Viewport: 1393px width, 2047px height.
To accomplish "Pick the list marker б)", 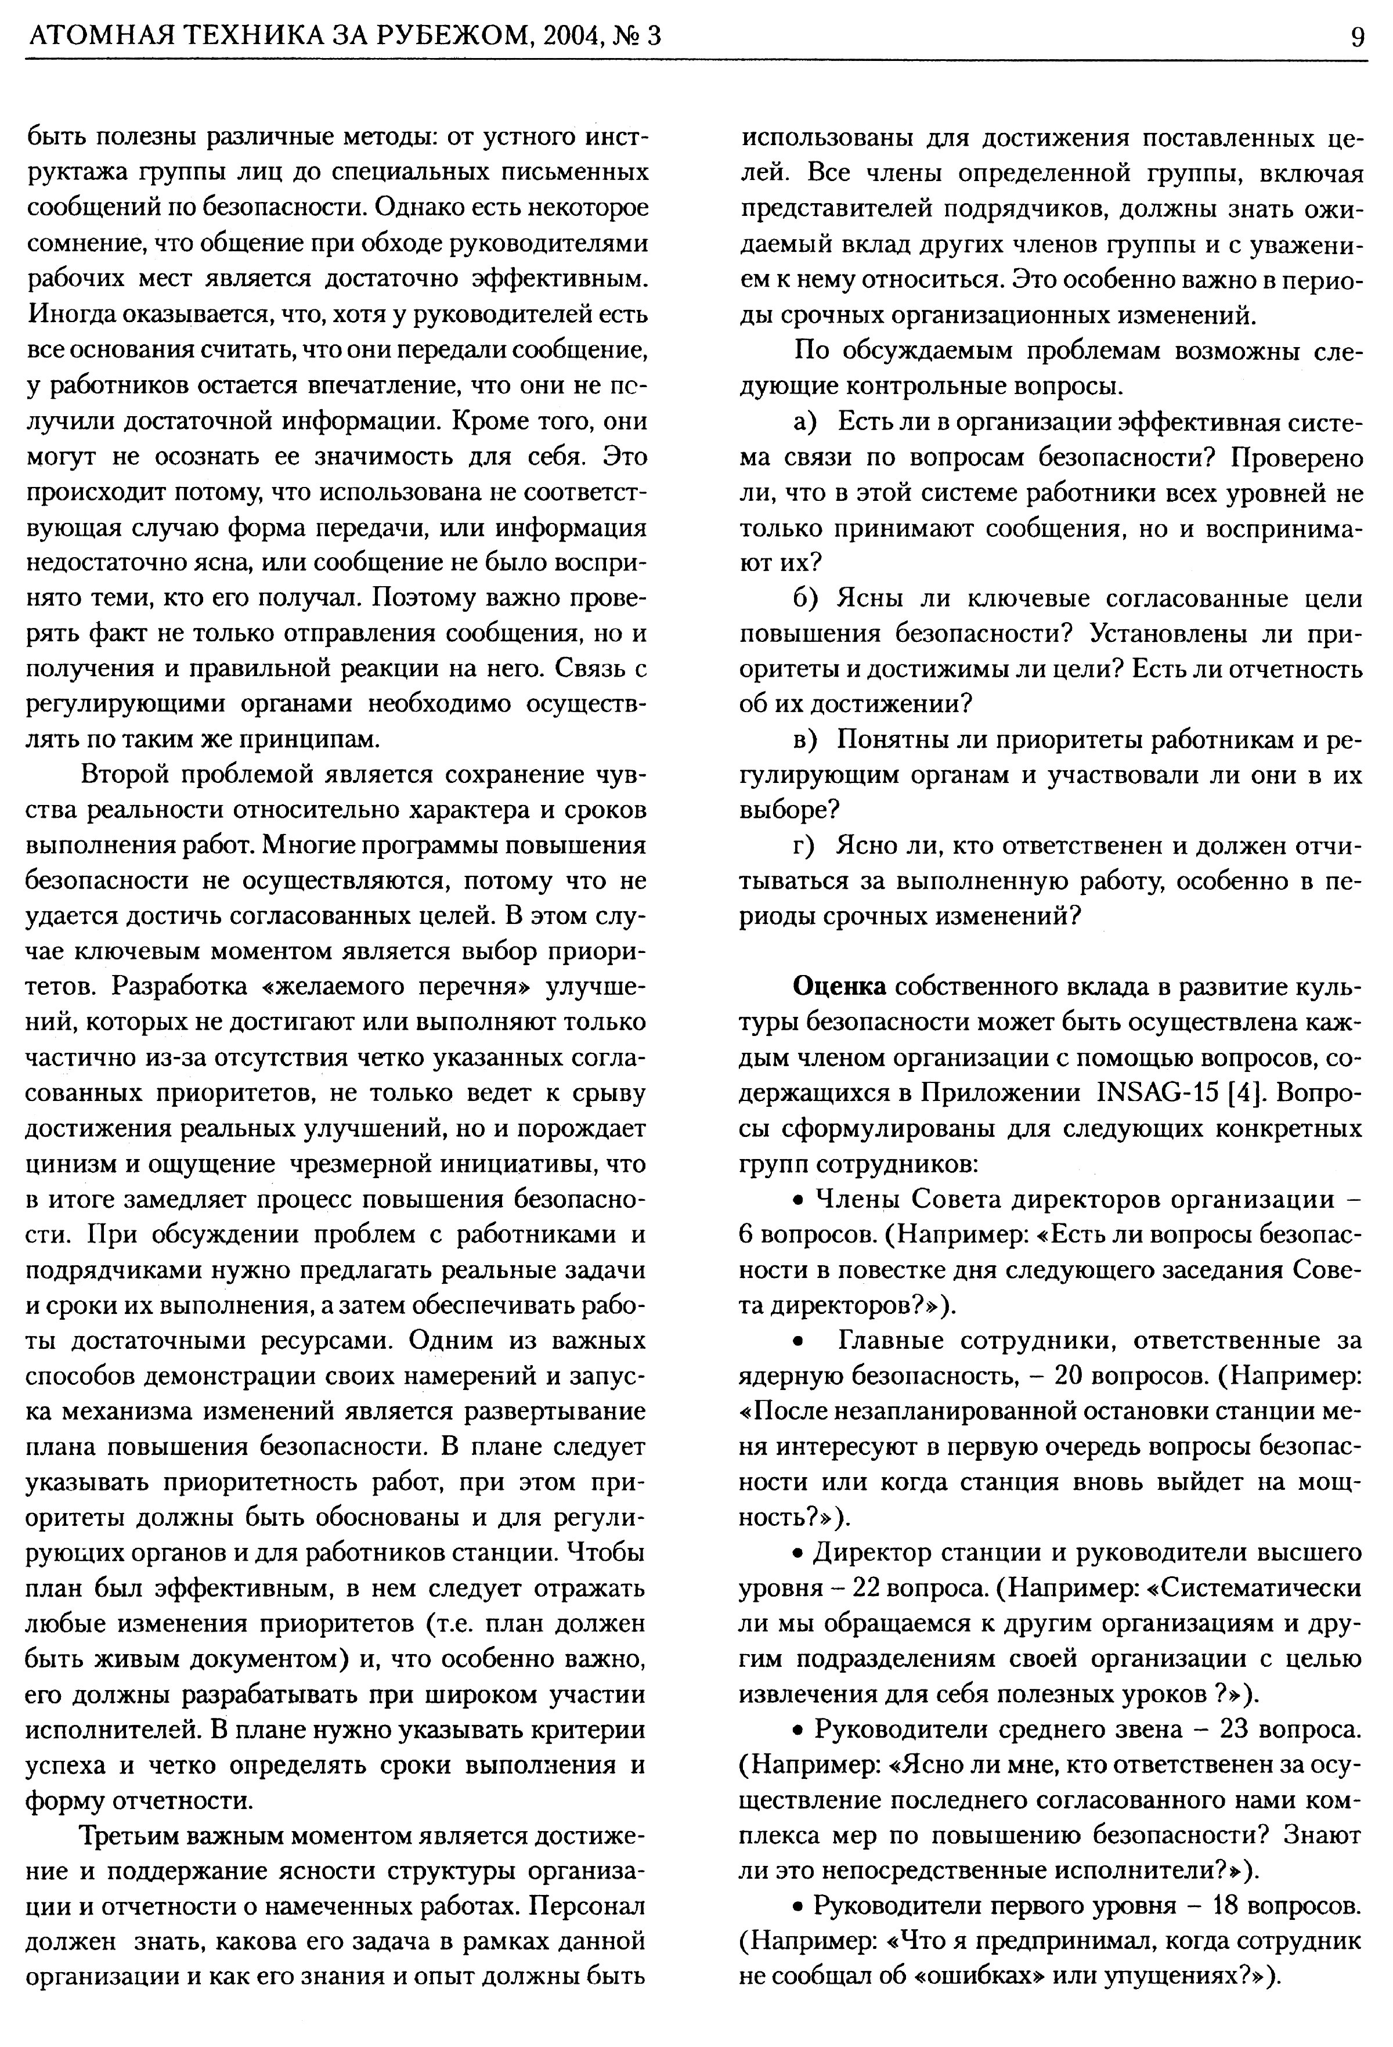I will [x=807, y=599].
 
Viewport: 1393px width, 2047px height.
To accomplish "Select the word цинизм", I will [x=66, y=1164].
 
